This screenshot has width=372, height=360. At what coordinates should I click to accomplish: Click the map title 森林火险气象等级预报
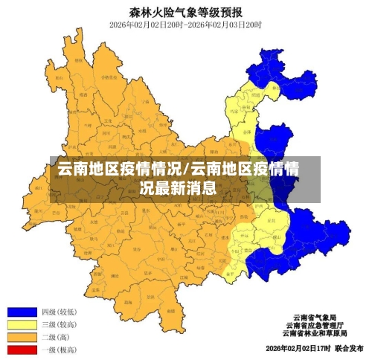coord(185,12)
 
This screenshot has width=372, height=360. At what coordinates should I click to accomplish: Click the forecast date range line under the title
coord(185,25)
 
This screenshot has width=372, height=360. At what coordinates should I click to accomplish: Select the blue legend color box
coord(22,312)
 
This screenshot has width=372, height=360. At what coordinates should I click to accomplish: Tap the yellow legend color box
coord(22,324)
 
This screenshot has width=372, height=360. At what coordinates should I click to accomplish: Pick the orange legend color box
coord(22,337)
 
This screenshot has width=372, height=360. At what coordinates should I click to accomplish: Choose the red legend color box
coord(22,349)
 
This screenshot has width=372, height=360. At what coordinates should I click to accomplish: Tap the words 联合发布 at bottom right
coord(348,347)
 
